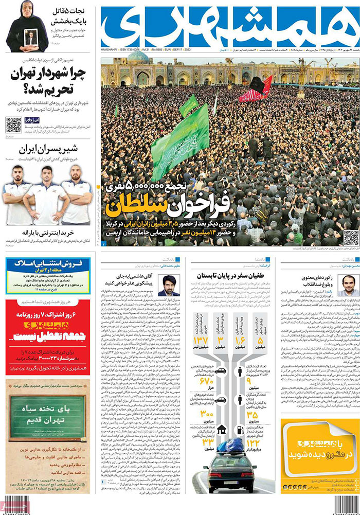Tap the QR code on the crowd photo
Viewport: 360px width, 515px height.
[351, 238]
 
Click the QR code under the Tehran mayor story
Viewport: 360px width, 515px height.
[13, 125]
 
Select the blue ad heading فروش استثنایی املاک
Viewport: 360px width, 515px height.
[47, 261]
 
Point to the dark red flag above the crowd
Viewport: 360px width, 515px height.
[256, 88]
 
